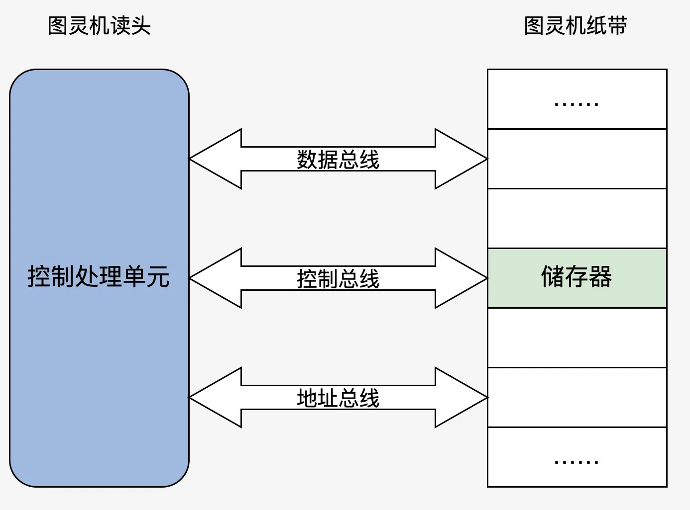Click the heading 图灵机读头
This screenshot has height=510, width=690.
click(99, 26)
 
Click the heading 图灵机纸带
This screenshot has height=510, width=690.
click(575, 26)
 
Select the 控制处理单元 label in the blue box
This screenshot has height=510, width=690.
click(99, 277)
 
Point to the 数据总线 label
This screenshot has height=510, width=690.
click(338, 160)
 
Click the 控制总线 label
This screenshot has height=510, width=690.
click(338, 279)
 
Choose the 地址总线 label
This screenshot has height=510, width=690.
click(338, 398)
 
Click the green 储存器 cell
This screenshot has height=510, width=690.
click(577, 278)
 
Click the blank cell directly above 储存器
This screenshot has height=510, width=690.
click(577, 218)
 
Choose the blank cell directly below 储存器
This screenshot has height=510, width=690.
click(577, 338)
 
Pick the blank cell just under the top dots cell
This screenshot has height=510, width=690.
click(577, 159)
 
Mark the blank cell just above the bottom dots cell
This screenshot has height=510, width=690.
click(577, 397)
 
